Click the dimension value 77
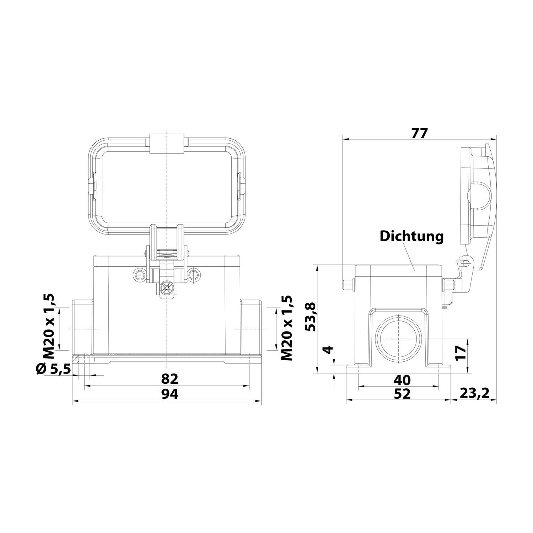click(419, 133)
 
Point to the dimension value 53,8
click(311, 317)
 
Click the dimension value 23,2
click(474, 393)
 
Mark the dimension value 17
click(461, 352)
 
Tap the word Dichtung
click(412, 236)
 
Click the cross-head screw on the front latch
click(166, 287)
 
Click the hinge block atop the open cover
click(167, 144)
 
